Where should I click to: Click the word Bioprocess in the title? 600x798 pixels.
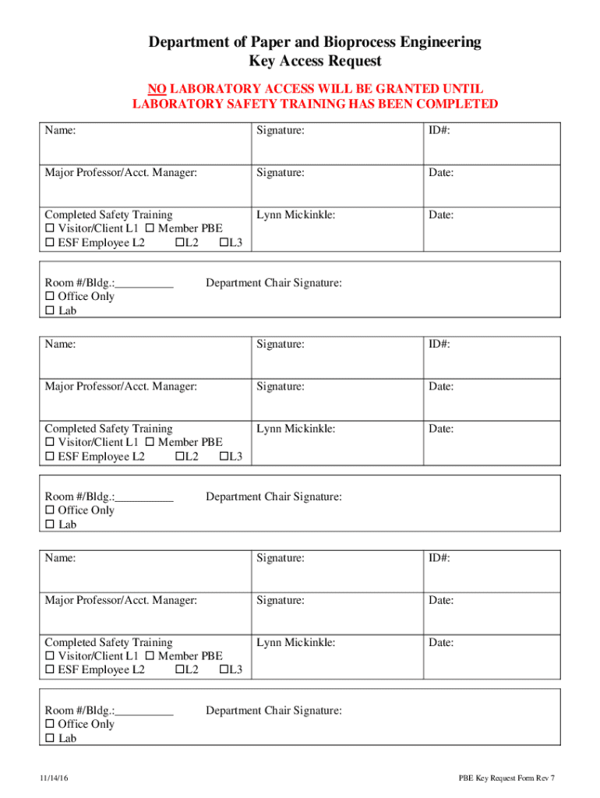click(335, 42)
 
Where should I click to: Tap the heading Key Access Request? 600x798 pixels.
click(315, 62)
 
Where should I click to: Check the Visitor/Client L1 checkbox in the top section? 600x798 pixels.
click(50, 229)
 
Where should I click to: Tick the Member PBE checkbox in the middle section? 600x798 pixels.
click(150, 443)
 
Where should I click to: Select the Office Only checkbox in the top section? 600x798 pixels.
click(50, 297)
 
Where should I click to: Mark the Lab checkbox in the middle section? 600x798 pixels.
click(50, 525)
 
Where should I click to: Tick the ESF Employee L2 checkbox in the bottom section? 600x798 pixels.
click(50, 670)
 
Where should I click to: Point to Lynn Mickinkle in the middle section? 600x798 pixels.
click(295, 429)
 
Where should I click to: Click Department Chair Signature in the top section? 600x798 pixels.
click(274, 283)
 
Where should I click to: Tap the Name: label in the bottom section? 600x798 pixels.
click(60, 558)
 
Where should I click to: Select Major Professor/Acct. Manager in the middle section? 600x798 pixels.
click(121, 387)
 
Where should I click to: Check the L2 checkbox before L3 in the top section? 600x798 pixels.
click(179, 243)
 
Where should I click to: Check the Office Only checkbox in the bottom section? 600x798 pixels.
click(50, 725)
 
